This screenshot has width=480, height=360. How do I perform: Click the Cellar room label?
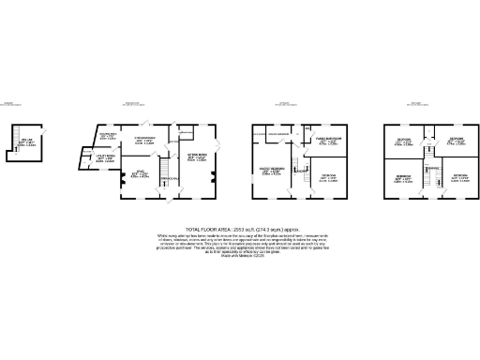(x=25, y=142)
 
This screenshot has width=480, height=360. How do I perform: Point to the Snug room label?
(x=139, y=174)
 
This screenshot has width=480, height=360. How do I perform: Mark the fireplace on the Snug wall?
(x=120, y=174)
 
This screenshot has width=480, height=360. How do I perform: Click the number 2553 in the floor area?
(x=233, y=228)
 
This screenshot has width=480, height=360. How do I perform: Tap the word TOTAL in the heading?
(x=193, y=228)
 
